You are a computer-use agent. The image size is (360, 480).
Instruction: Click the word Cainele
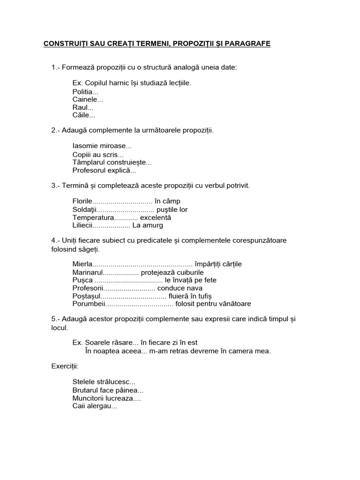pos(88,99)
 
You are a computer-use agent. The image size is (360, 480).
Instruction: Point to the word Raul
pos(82,107)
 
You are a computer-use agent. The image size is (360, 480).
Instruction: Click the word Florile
pos(83,202)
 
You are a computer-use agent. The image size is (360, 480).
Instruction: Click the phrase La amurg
pos(148,225)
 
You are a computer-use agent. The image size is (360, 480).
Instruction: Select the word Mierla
pos(83,264)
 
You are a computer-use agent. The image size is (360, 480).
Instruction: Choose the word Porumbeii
pos(89,304)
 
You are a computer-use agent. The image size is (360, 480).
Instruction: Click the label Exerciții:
pos(65,366)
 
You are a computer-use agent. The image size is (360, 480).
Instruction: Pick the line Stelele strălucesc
pos(104,382)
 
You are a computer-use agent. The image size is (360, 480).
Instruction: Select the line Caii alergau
pos(95,406)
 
